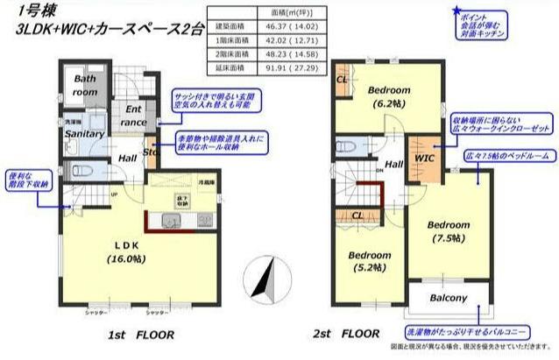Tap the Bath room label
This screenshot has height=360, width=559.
84,86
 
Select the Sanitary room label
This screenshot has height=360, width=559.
85,134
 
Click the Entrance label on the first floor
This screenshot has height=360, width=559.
134,116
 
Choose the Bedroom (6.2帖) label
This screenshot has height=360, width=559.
388,97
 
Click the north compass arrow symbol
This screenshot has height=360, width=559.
259,280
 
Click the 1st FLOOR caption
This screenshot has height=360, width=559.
141,335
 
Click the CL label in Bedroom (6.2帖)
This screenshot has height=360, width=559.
342,78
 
